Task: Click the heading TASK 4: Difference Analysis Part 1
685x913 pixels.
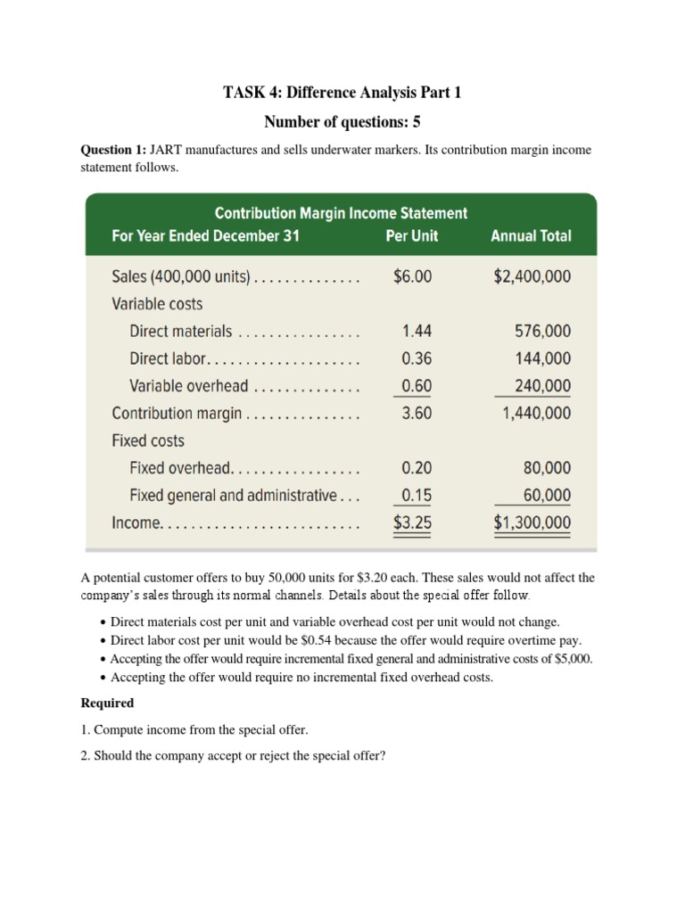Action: (342, 93)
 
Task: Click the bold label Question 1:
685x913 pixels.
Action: (113, 150)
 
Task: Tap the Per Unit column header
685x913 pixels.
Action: (412, 236)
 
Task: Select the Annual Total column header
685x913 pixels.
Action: (531, 236)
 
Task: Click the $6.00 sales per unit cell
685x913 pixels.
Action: (412, 276)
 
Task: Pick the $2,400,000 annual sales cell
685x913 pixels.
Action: (532, 276)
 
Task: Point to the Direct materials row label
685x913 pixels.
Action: (180, 332)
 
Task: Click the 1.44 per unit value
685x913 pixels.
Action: (417, 332)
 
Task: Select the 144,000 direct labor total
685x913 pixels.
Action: (543, 358)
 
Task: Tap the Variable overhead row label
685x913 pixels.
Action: (188, 386)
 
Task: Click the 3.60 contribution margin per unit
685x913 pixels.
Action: (417, 414)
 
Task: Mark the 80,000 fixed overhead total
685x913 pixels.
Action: (547, 468)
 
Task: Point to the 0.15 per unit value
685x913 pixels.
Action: (417, 496)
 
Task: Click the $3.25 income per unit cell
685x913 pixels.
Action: (412, 523)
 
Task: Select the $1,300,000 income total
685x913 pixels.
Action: (532, 523)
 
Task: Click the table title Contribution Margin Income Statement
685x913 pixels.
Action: (341, 213)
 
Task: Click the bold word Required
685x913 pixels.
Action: (107, 703)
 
